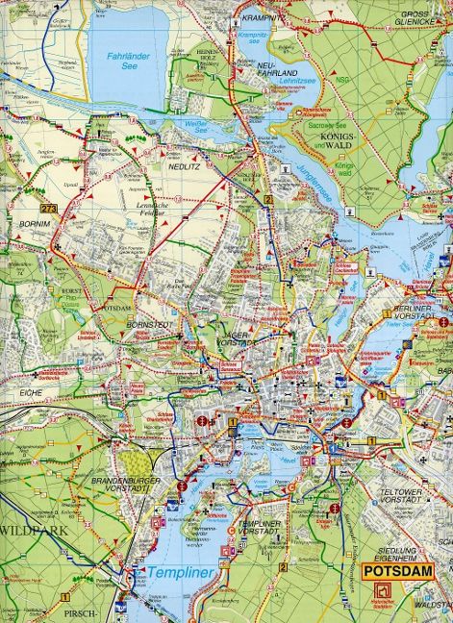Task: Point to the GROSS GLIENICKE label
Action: point(419,20)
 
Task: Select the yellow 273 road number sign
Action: point(49,209)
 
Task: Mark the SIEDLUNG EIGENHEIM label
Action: point(397,538)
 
